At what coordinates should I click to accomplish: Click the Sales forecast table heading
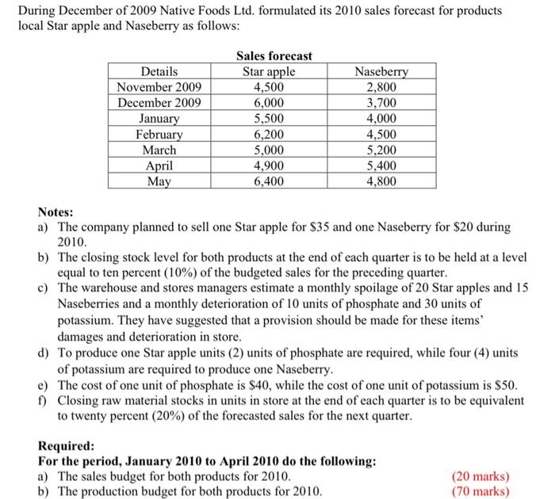coord(274,56)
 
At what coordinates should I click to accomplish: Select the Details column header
coord(159,72)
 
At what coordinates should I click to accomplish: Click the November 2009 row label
coord(159,87)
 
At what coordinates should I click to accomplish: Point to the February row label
coord(159,135)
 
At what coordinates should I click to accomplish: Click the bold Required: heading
coord(67,446)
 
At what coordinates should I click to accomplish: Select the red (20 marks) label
coord(480,477)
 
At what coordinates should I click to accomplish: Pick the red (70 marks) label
coord(480,491)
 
